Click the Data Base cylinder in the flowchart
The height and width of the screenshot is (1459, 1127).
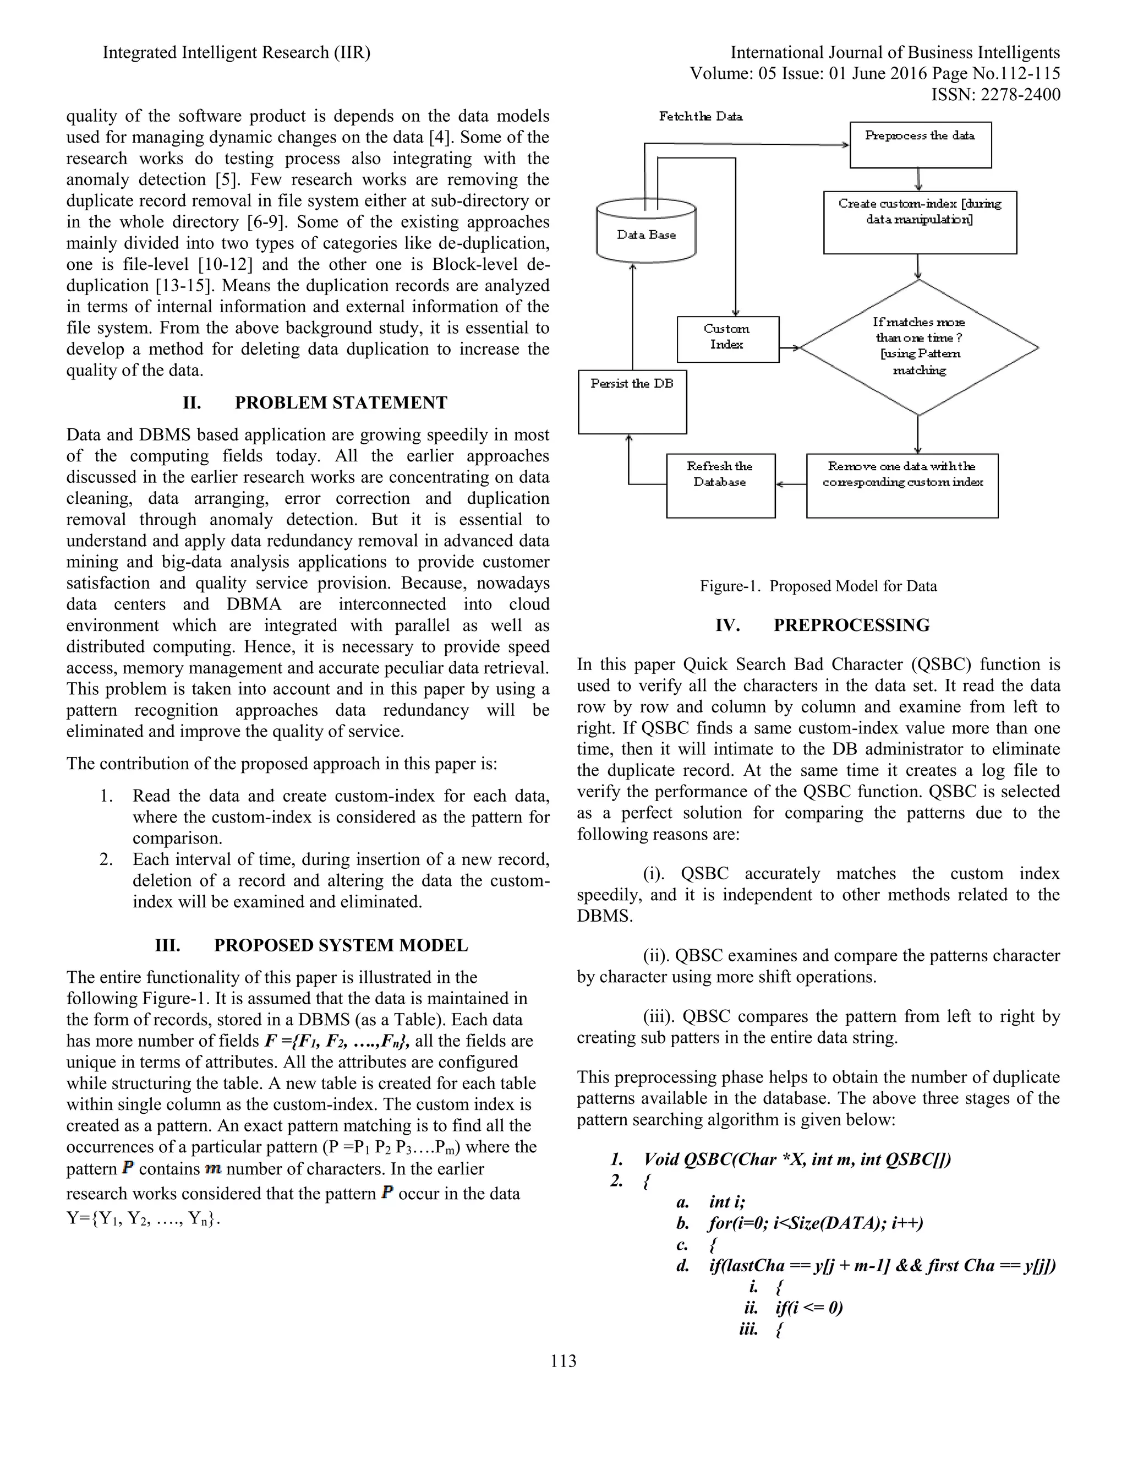click(x=645, y=235)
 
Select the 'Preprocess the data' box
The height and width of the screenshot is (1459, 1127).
click(x=920, y=144)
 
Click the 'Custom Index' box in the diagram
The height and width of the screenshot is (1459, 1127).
click(x=727, y=339)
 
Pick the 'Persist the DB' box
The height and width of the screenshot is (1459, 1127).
click(x=632, y=402)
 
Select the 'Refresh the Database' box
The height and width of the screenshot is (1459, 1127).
click(x=720, y=485)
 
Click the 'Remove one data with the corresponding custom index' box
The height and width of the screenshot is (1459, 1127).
click(x=902, y=485)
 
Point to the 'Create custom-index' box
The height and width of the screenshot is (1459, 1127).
click(x=920, y=222)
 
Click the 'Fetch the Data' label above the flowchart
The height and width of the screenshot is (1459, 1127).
click(x=701, y=116)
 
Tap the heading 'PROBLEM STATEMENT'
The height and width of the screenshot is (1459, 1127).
click(x=341, y=403)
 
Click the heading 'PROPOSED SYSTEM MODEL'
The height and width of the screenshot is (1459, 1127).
click(x=341, y=945)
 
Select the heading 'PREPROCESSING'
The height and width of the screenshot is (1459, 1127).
click(x=851, y=625)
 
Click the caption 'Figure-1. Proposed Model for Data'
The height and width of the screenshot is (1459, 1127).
click(x=818, y=586)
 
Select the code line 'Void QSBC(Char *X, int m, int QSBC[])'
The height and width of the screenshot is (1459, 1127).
click(x=797, y=1159)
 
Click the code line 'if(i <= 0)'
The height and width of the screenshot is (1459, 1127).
click(x=809, y=1308)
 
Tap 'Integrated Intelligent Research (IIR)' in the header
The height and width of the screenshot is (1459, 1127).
click(x=236, y=53)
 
